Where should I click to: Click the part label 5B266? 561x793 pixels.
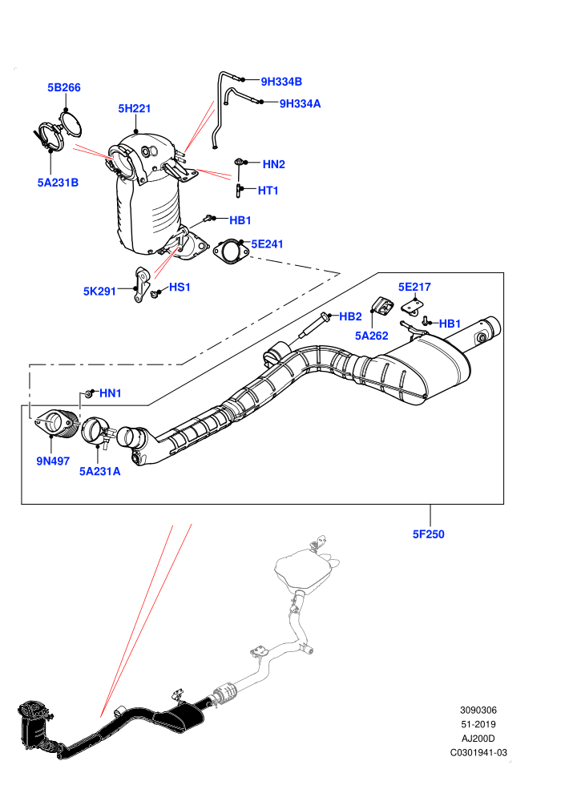(64, 87)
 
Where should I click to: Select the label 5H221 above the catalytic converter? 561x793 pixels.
(134, 108)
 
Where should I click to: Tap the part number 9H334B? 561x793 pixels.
(281, 82)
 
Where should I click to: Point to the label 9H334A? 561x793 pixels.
(300, 103)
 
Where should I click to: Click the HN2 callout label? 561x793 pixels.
(273, 164)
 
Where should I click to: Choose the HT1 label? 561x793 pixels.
(268, 191)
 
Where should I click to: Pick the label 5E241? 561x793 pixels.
(267, 244)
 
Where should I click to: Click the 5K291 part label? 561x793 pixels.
(99, 292)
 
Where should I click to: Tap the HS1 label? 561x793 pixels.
(180, 288)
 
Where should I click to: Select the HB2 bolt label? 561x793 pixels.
(350, 316)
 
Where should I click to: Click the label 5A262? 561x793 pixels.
(371, 336)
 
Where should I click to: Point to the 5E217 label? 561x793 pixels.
(414, 288)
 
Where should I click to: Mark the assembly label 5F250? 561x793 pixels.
(429, 534)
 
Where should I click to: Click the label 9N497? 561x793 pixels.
(53, 461)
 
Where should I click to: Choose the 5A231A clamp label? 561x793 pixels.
(99, 472)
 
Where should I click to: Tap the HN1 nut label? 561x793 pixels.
(111, 393)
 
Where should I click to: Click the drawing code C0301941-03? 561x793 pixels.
(478, 752)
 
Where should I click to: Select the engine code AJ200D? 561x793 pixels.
(478, 739)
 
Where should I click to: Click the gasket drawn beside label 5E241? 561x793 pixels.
(231, 252)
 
